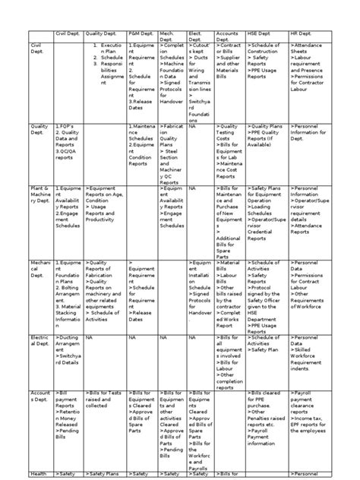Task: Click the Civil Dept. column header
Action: (67, 34)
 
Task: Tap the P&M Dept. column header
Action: (141, 34)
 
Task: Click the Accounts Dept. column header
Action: (228, 36)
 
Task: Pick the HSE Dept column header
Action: (261, 34)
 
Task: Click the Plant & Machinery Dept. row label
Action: (39, 194)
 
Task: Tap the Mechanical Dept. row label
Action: (39, 270)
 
